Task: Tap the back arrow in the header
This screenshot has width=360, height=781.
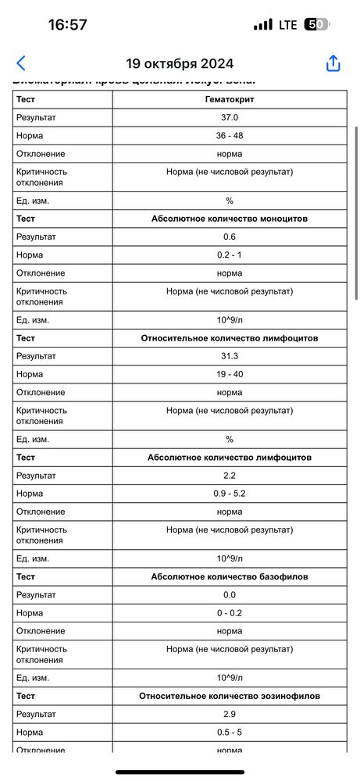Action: point(21,63)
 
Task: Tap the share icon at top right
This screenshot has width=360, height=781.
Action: point(333,63)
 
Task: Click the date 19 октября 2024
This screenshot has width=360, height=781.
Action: point(180,64)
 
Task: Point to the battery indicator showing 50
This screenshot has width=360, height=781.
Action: point(315,24)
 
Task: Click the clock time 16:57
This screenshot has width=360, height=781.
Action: point(67,24)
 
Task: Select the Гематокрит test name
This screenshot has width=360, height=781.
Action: point(230,100)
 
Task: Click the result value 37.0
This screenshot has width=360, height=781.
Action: point(230,118)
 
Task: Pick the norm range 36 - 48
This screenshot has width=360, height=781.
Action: point(230,136)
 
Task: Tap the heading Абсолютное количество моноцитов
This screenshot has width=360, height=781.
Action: point(230,219)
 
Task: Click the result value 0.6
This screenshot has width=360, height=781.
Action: point(230,237)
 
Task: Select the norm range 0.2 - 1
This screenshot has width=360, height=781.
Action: point(230,255)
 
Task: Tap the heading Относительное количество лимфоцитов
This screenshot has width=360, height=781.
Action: point(230,338)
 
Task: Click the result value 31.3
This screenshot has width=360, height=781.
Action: point(230,356)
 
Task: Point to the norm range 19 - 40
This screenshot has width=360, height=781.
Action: point(230,374)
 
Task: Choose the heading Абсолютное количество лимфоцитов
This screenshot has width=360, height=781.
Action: point(230,457)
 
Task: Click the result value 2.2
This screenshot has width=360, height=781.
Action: point(230,475)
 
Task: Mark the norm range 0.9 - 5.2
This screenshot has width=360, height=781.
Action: point(230,493)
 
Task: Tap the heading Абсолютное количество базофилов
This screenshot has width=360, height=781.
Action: point(230,576)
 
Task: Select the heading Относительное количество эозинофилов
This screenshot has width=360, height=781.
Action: point(230,695)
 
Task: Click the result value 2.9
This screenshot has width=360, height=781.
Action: point(230,714)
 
